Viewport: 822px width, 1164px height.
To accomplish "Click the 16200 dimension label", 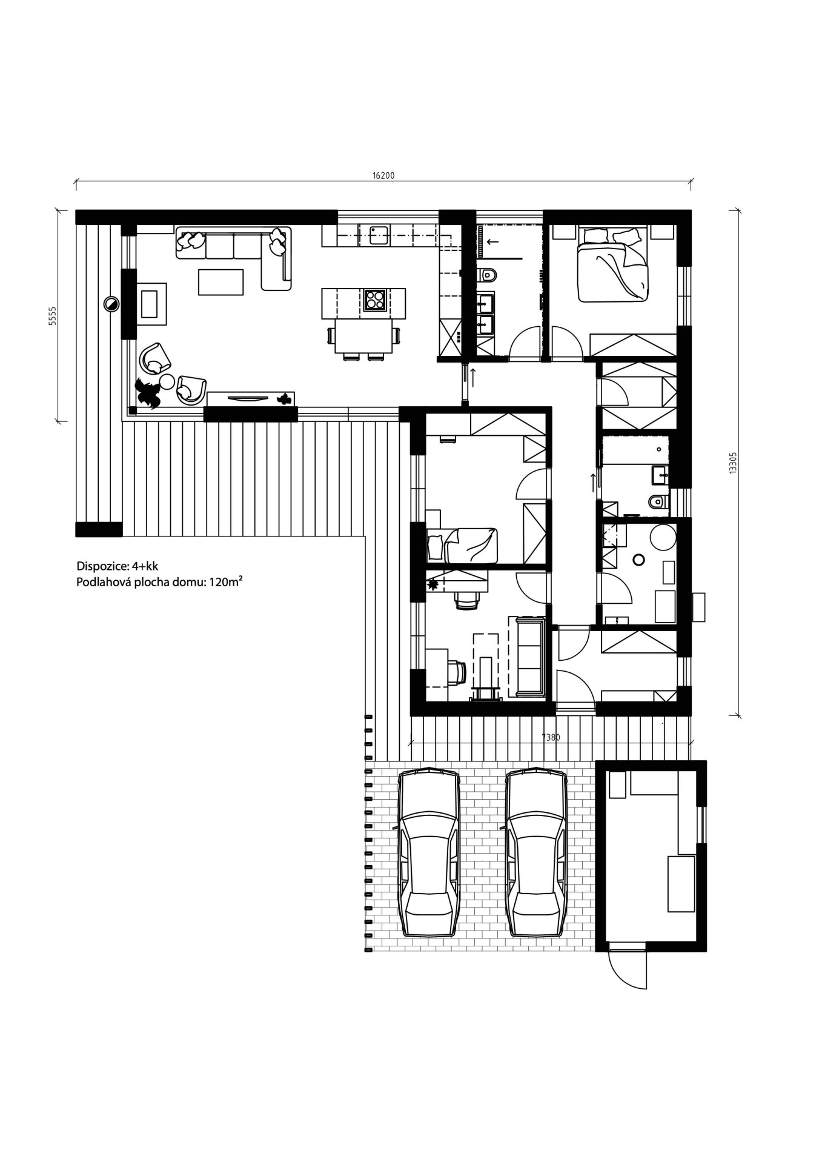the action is click(383, 176).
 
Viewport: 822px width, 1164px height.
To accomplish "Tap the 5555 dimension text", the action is click(53, 316).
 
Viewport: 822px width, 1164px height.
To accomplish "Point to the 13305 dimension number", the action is click(732, 463).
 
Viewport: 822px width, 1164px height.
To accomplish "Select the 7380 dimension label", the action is click(551, 738).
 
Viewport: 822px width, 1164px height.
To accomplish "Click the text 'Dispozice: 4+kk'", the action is click(117, 566).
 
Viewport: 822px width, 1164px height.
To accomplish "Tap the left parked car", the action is click(428, 854).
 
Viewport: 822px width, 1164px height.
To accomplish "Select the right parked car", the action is click(537, 854).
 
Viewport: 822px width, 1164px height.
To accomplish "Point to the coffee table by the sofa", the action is click(220, 282).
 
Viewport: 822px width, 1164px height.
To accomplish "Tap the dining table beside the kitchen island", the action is click(363, 336).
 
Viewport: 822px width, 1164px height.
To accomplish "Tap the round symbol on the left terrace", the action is click(111, 303).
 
